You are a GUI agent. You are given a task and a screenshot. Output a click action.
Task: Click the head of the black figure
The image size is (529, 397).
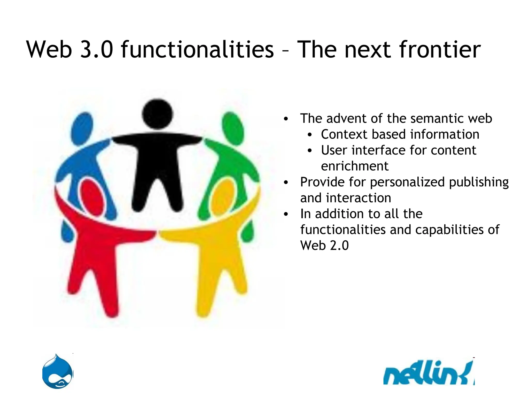157,114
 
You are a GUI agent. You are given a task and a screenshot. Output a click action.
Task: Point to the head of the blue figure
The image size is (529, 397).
82,128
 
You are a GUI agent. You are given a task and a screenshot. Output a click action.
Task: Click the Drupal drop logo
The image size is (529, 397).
58,372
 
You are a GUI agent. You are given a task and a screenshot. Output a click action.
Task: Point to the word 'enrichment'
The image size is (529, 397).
354,166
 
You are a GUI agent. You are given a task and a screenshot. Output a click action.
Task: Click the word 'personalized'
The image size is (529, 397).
407,182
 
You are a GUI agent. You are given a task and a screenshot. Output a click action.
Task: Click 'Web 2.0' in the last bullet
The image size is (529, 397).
324,246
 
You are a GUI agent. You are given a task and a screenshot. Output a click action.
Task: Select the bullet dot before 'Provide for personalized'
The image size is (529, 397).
285,182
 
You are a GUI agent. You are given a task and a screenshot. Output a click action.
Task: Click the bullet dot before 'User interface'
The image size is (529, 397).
310,151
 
